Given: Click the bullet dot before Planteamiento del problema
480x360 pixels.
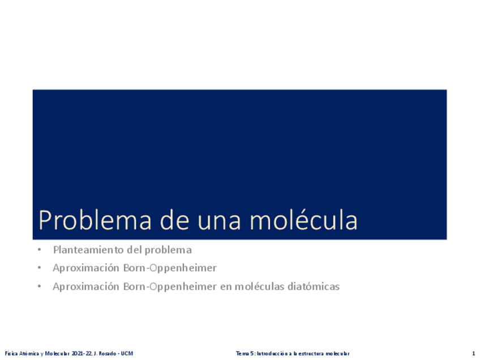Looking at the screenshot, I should pos(40,250).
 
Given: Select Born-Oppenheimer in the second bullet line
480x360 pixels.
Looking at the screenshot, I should pos(170,268).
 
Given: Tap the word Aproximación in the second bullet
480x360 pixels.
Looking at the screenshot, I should pos(86,268).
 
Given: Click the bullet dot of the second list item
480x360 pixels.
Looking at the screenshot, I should pos(40,268).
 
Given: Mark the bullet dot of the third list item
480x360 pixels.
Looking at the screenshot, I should pos(40,286).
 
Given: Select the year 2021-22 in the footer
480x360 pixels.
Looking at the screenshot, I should pos(76,354).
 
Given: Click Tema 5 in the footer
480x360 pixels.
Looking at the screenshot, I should pos(245,354).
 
